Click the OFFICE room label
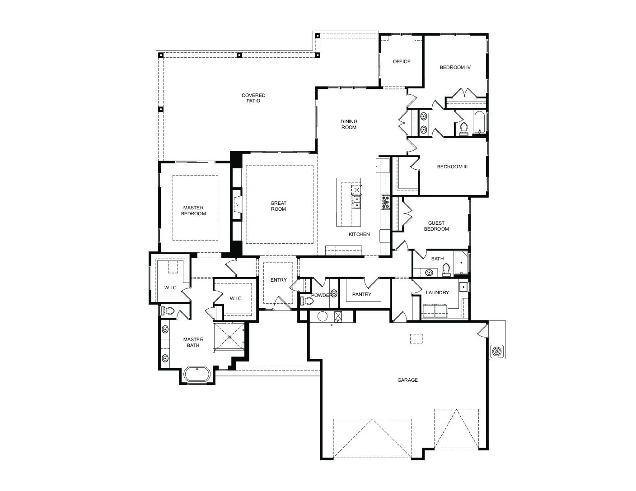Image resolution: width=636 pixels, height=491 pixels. point(402,61)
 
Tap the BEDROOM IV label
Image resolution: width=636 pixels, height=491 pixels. point(455,67)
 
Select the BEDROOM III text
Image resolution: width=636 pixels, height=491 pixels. point(452,167)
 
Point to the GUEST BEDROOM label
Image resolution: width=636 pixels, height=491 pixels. point(436,226)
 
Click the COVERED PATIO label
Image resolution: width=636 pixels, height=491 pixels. point(253,98)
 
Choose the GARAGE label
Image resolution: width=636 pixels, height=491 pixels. point(407,380)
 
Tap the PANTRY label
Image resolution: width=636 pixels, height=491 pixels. point(362,295)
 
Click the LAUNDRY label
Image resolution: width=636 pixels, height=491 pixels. point(437,292)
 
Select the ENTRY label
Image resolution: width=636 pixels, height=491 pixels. point(279,280)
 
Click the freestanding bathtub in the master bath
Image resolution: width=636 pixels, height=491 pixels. point(197,374)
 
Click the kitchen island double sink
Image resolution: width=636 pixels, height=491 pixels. point(356,202)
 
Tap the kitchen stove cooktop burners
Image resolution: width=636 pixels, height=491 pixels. point(385,202)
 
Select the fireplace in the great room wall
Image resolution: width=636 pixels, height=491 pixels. point(237,204)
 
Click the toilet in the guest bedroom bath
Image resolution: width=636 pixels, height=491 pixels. point(446,269)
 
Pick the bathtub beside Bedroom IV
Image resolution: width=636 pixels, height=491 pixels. point(479,122)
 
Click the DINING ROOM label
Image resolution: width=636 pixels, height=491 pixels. point(349,124)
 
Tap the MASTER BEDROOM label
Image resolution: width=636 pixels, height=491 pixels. point(193,211)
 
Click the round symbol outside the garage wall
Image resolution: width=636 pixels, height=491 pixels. point(497,351)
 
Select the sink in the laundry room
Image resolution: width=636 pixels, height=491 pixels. point(463,287)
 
